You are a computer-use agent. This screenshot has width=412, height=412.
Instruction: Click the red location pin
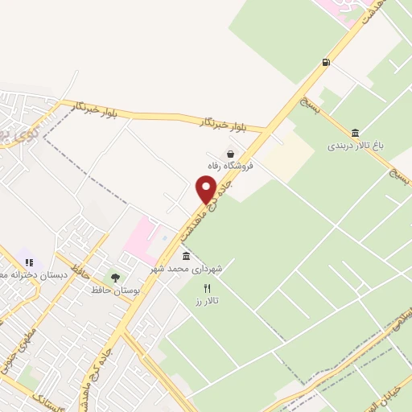[x=206, y=189]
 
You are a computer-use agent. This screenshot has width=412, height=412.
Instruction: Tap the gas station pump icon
[x=326, y=61]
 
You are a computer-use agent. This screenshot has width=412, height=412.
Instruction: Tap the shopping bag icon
[x=231, y=154]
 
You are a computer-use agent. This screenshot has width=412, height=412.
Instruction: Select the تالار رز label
[x=208, y=300]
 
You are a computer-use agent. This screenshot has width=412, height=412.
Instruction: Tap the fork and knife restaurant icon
[x=208, y=287]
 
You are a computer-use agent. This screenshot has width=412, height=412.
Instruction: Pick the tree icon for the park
[x=114, y=277]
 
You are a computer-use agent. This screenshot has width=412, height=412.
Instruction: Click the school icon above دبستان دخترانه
[x=29, y=262]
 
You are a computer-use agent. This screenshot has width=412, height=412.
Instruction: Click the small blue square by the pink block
[x=165, y=238]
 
